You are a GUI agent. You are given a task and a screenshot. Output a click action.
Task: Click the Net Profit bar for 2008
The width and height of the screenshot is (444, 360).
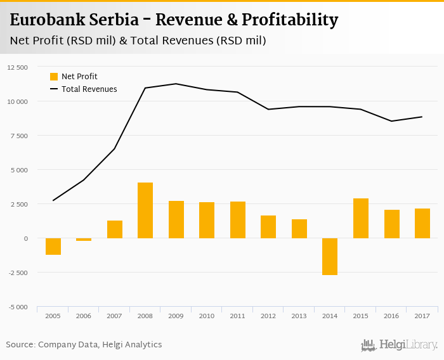[145, 210]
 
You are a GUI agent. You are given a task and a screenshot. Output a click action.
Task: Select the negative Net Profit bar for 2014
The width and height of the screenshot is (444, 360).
[330, 257]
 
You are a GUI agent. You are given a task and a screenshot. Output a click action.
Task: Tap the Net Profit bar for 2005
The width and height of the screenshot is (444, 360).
[53, 247]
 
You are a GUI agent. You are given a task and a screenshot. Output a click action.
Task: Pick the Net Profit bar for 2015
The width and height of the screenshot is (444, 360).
[361, 219]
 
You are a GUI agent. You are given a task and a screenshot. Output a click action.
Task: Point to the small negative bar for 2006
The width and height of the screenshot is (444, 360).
[84, 240]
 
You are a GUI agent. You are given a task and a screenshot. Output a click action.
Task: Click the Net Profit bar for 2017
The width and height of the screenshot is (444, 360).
[422, 224]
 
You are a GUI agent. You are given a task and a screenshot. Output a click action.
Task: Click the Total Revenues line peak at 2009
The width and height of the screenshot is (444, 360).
[176, 84]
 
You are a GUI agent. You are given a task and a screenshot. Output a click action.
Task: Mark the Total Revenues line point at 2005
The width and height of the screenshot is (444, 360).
[53, 200]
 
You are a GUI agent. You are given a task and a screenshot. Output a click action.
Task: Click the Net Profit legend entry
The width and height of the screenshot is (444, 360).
[74, 77]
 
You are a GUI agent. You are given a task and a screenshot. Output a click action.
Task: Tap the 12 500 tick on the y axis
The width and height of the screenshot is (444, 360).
[18, 67]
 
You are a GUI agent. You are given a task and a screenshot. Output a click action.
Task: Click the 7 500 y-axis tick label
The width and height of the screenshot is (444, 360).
[20, 136]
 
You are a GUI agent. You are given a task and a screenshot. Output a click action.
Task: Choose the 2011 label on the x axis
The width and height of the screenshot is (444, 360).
[238, 315]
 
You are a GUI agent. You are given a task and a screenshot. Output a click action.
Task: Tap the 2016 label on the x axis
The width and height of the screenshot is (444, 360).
[391, 315]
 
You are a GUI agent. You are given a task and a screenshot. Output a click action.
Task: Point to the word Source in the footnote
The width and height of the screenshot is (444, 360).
[20, 345]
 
